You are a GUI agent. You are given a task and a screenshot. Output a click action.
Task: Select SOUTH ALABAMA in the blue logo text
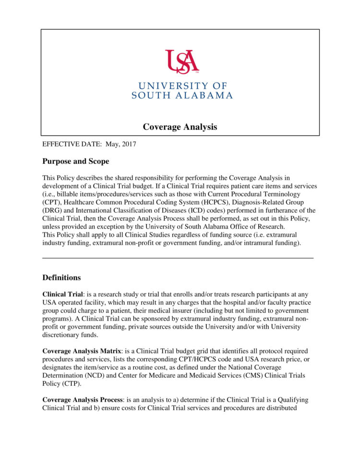pos(182,95)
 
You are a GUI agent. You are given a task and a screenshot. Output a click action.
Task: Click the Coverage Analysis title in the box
pos(180,127)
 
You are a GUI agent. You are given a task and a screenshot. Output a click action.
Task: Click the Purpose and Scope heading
pos(75,161)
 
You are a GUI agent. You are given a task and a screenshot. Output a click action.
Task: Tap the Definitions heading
pos(61,278)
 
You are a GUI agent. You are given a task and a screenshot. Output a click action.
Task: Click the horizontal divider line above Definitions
pos(178,258)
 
